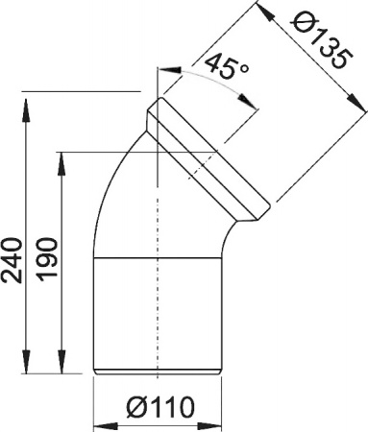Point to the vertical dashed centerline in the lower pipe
click(158, 307)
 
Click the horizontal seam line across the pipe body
click(159, 262)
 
